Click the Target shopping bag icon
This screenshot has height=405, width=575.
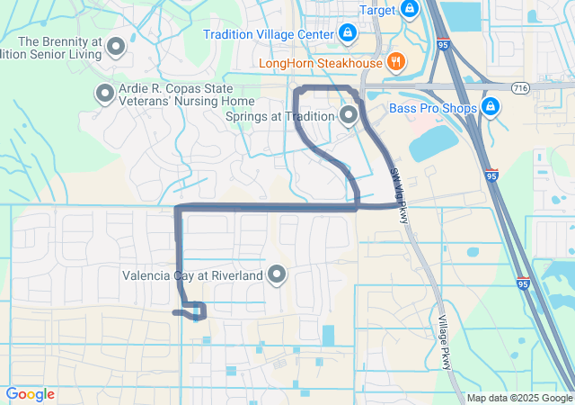pyautogui.click(x=410, y=9)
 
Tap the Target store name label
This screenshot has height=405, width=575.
pyautogui.click(x=377, y=9)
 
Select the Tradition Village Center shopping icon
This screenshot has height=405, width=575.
pyautogui.click(x=349, y=35)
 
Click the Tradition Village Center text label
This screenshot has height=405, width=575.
pyautogui.click(x=269, y=35)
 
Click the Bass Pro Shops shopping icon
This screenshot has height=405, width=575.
pyautogui.click(x=491, y=108)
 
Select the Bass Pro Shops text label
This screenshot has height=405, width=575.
pyautogui.click(x=432, y=109)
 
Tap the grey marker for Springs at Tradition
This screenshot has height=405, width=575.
pyautogui.click(x=349, y=115)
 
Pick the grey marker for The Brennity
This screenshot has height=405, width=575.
pyautogui.click(x=116, y=47)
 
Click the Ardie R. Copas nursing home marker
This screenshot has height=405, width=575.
pyautogui.click(x=104, y=92)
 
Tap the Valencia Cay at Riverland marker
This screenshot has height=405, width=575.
pyautogui.click(x=277, y=274)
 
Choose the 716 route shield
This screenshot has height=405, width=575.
pyautogui.click(x=520, y=87)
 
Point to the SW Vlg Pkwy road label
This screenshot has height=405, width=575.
pyautogui.click(x=400, y=187)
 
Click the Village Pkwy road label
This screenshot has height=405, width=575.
pyautogui.click(x=444, y=343)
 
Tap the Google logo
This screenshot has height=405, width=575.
pyautogui.click(x=30, y=394)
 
